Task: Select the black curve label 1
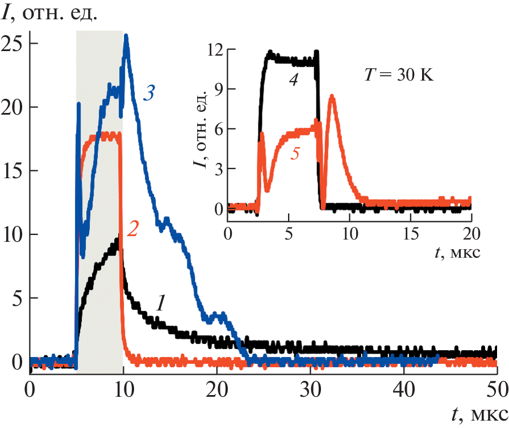click(161, 304)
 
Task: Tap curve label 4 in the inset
click(293, 81)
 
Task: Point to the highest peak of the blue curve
click(126, 36)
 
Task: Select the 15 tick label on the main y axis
click(12, 171)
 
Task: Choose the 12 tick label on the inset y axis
click(215, 50)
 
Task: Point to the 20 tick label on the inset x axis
click(472, 233)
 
